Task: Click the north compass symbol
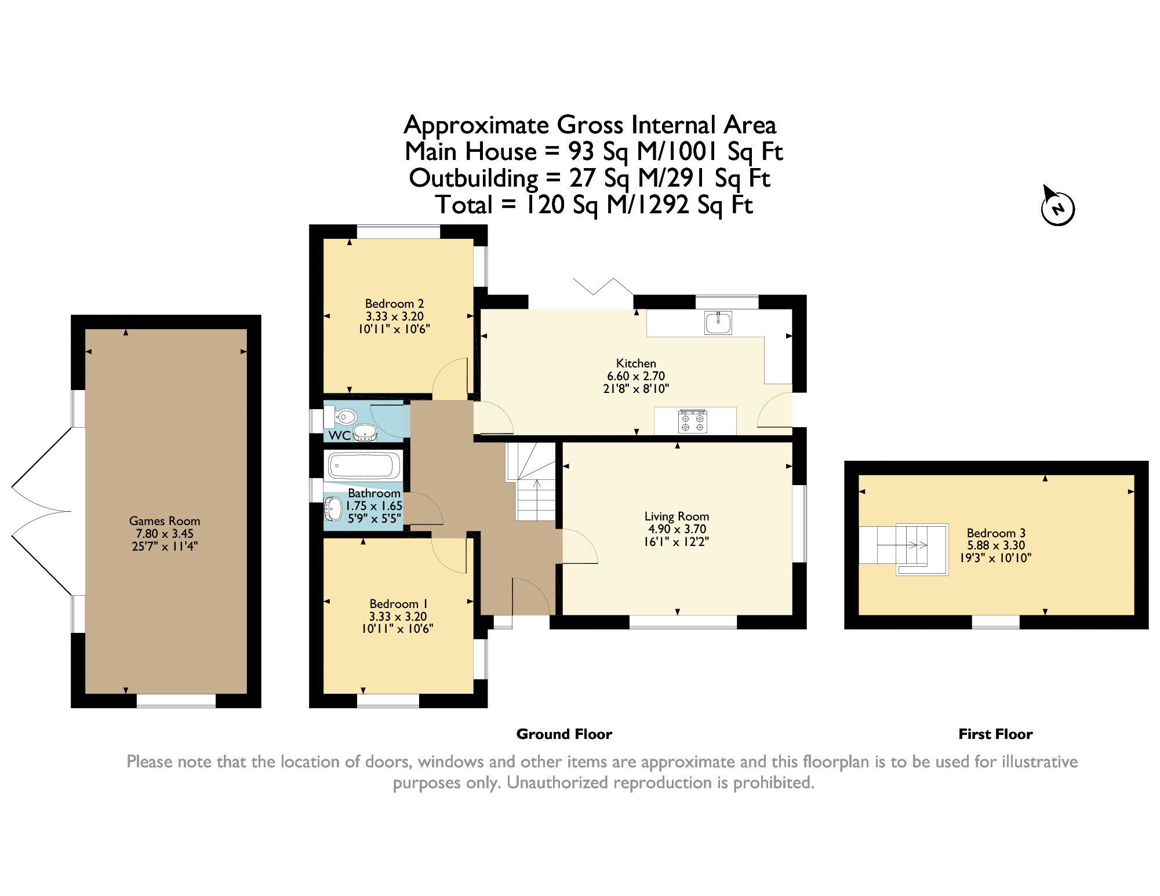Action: pyautogui.click(x=1057, y=207)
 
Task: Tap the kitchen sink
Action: pyautogui.click(x=718, y=323)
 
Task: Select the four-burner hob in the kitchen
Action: pyautogui.click(x=693, y=421)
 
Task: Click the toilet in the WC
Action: pyautogui.click(x=344, y=416)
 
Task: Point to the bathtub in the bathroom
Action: pyautogui.click(x=363, y=465)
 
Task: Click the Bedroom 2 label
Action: pyautogui.click(x=394, y=304)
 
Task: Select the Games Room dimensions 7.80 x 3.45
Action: pyautogui.click(x=165, y=534)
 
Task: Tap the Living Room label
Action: pyautogui.click(x=677, y=516)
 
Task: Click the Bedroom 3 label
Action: pyautogui.click(x=995, y=533)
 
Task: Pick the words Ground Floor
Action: pyautogui.click(x=563, y=734)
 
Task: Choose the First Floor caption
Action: pyautogui.click(x=995, y=734)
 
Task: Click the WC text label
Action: pyautogui.click(x=339, y=435)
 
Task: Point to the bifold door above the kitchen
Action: pyautogui.click(x=603, y=287)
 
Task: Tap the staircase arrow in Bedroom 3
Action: pyautogui.click(x=918, y=545)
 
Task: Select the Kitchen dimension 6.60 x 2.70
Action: pyautogui.click(x=635, y=376)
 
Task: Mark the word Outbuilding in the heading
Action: pyautogui.click(x=473, y=178)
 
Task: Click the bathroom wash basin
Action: pyautogui.click(x=333, y=508)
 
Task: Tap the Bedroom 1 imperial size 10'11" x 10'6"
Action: pyautogui.click(x=397, y=629)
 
